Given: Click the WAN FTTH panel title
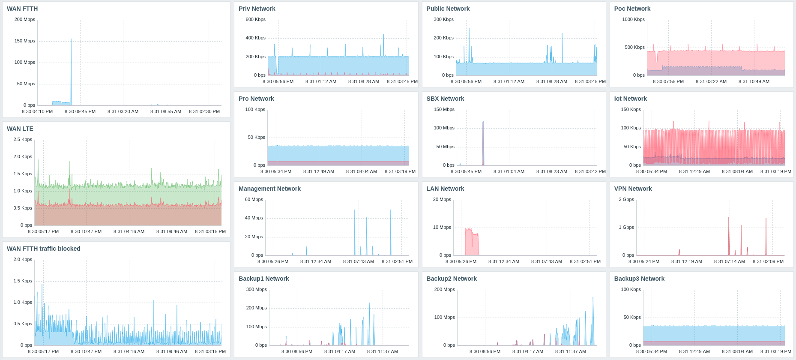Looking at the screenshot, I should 22,9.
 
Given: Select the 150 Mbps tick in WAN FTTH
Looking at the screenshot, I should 24,41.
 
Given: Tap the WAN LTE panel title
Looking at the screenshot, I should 20,129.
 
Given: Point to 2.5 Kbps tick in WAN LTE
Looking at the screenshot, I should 23,140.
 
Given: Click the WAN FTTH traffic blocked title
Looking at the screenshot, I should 44,249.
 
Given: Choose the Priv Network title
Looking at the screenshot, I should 257,9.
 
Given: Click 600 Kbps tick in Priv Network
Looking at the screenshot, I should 255,20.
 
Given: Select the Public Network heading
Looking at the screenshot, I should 448,9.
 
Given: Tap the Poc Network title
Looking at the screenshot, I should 632,9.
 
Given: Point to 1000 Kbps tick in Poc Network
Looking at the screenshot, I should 633,20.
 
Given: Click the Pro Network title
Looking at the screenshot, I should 256,99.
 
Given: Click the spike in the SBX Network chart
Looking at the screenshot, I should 483,141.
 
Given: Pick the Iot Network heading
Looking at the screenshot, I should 631,99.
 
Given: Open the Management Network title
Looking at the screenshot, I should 269,189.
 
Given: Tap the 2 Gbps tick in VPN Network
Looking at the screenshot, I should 626,200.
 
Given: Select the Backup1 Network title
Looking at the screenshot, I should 264,279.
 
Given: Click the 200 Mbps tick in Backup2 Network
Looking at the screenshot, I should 444,290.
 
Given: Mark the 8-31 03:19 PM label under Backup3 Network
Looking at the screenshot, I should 776,351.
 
